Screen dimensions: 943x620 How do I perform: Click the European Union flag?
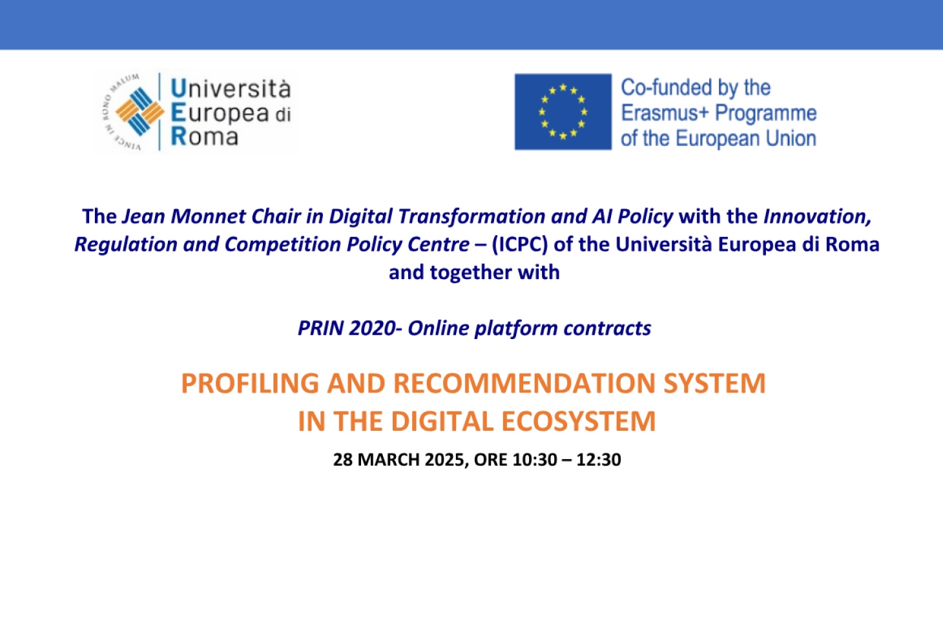[563, 112]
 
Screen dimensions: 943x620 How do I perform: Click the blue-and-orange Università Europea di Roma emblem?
[140, 112]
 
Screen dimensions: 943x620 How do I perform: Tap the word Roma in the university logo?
[205, 137]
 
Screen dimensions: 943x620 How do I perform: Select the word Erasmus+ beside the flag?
[665, 113]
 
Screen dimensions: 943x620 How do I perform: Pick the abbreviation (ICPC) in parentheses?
[519, 245]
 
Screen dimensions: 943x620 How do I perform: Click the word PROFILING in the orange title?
[250, 383]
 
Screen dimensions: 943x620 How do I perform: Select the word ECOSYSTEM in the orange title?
[579, 421]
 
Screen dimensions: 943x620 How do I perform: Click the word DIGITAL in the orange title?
[442, 421]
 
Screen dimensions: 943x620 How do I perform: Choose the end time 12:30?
[599, 460]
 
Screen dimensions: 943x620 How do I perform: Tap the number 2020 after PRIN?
[372, 328]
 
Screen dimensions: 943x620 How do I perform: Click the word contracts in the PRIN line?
[608, 328]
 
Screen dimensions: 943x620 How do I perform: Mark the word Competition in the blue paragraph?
[282, 245]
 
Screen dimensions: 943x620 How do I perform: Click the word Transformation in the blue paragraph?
[471, 216]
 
